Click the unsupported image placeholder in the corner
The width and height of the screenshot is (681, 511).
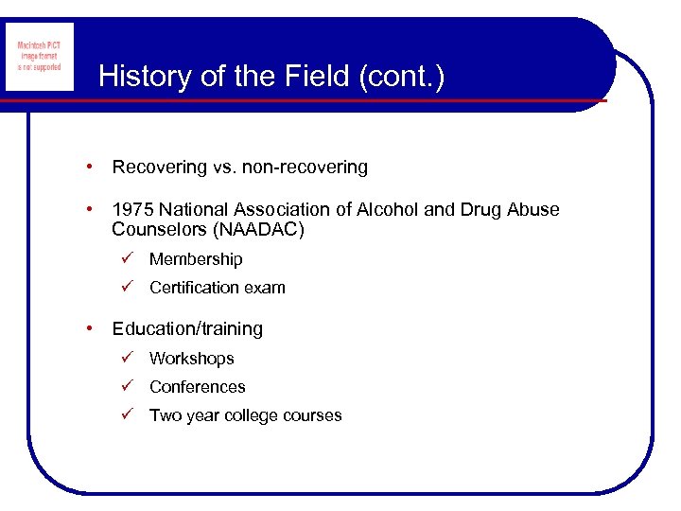point(39,58)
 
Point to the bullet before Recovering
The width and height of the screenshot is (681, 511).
point(88,167)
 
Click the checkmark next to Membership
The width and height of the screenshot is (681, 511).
point(127,258)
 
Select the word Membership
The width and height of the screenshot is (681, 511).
point(196,259)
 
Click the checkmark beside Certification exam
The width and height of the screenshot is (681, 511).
point(127,287)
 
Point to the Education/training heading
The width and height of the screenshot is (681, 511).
point(187,329)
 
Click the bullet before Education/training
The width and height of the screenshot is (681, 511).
point(88,328)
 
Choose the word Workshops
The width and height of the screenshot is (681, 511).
point(191,359)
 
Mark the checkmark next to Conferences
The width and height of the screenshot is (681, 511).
point(127,386)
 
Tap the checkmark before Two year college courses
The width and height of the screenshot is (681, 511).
point(127,414)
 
